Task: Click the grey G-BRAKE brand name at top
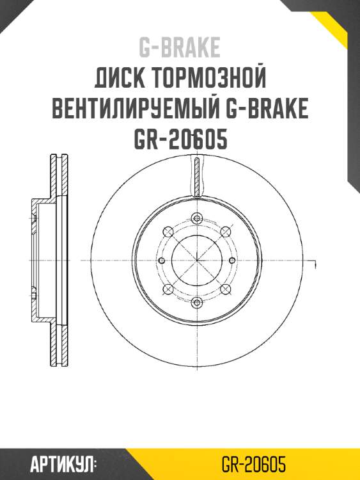[x=180, y=47]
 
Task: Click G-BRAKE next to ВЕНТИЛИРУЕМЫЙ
[x=268, y=109]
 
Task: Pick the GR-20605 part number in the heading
[x=180, y=140]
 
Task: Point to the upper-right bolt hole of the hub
[x=224, y=232]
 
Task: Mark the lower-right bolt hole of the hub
[x=224, y=289]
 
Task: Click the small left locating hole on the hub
[x=161, y=260]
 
